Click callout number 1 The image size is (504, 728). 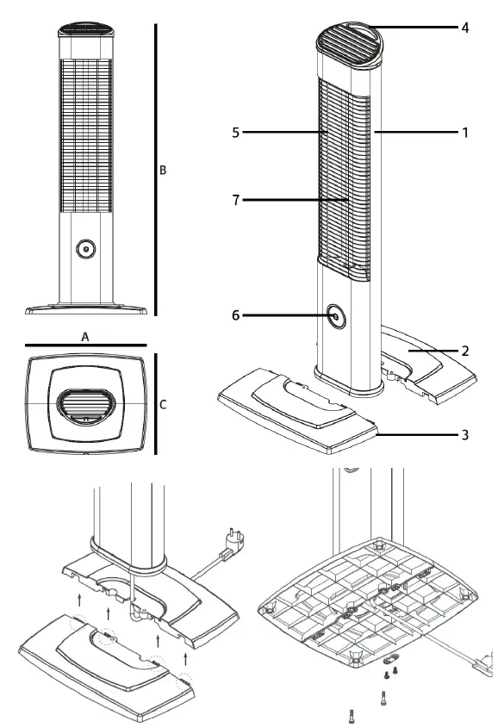coord(464,133)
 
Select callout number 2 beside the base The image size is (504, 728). coord(464,352)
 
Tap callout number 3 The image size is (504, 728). coord(464,434)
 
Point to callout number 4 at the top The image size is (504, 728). coord(464,28)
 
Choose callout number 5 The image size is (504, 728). coord(234,133)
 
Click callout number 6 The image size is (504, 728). coord(234,316)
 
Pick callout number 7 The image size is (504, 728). coord(234,200)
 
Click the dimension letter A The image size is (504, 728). coord(85,338)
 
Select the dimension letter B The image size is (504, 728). coord(162,171)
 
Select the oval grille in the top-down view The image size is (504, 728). coord(84,405)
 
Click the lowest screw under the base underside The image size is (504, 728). coord(352,714)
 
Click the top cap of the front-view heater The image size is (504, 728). coord(84,30)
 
